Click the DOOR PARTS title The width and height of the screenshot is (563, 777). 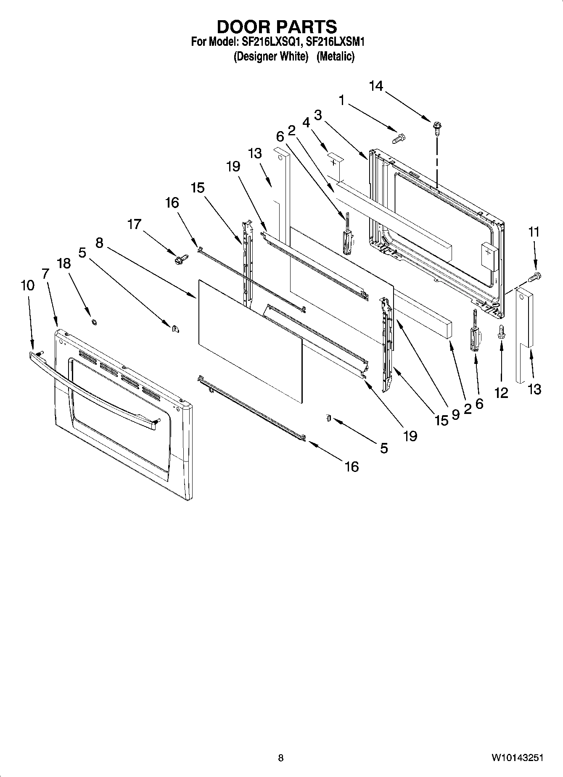(277, 26)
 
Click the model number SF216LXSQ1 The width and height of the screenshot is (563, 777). (270, 42)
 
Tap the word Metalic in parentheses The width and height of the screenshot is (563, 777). (336, 56)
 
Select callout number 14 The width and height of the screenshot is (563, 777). (376, 86)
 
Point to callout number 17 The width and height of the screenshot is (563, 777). (134, 224)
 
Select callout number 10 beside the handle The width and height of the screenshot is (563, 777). (27, 286)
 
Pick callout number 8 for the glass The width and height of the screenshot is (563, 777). (99, 242)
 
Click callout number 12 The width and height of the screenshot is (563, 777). (501, 393)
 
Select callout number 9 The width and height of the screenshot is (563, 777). (455, 414)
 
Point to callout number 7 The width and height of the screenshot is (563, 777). (45, 274)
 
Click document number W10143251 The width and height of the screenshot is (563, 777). (517, 758)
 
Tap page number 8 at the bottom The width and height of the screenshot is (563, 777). (281, 758)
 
